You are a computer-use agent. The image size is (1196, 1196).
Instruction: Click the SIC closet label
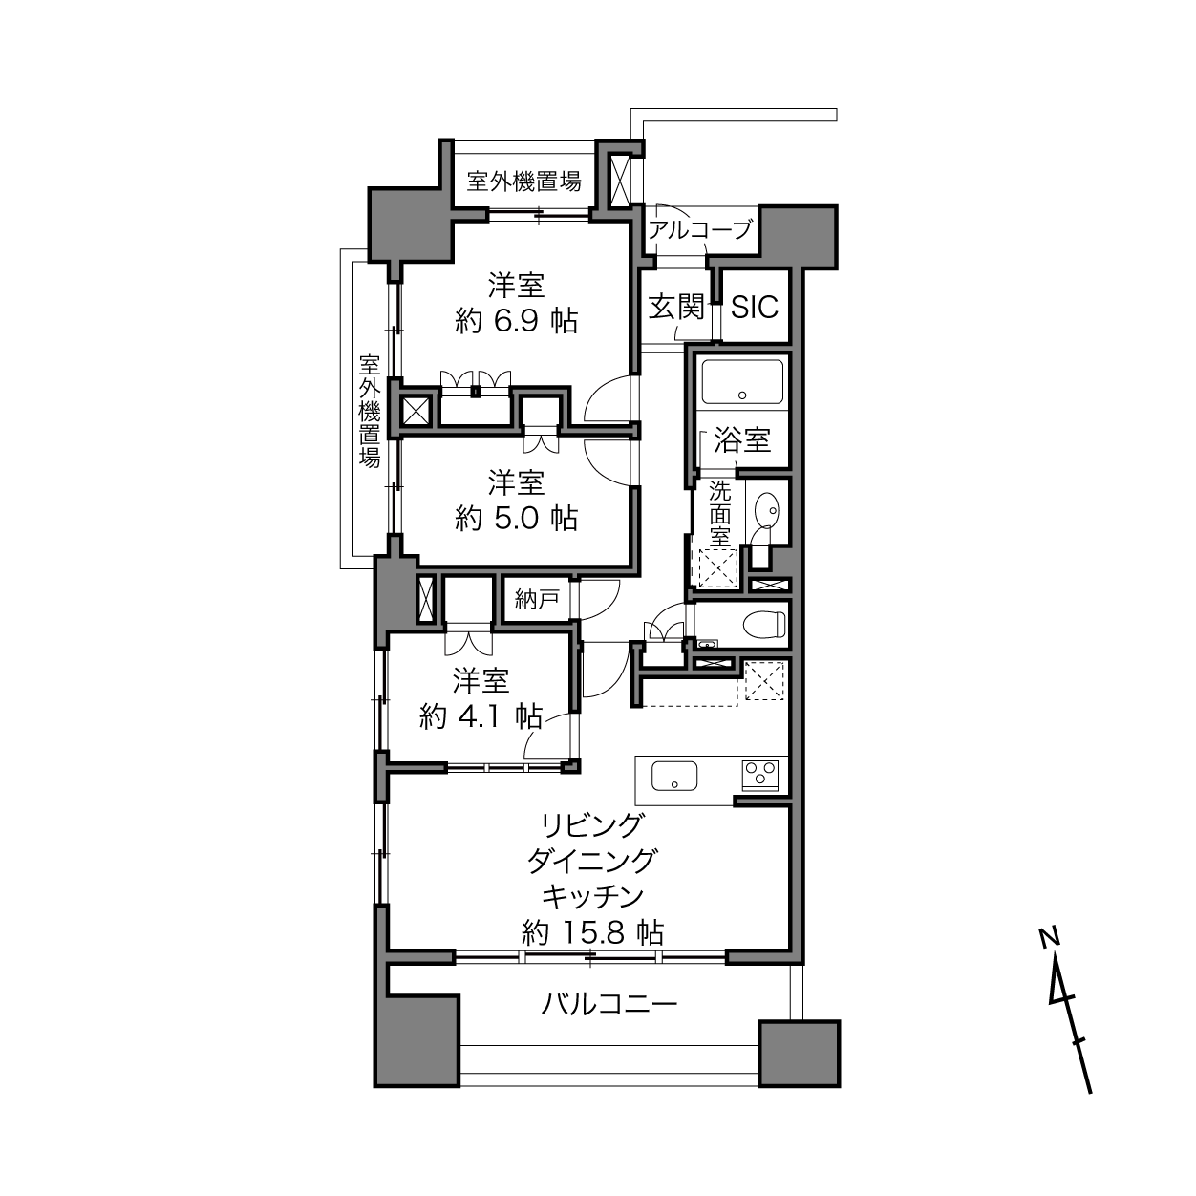pyautogui.click(x=754, y=306)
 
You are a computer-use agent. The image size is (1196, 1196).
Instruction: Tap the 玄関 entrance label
pyautogui.click(x=676, y=307)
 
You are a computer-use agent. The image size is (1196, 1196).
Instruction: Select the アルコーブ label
pyautogui.click(x=699, y=230)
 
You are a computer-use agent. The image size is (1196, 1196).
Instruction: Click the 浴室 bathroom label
pyautogui.click(x=742, y=439)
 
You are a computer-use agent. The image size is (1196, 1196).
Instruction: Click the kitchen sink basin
pyautogui.click(x=674, y=776)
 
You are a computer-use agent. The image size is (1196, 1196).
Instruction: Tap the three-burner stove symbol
pyautogui.click(x=759, y=775)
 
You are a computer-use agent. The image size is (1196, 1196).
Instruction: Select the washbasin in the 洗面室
pyautogui.click(x=766, y=511)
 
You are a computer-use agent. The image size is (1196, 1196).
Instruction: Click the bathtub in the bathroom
pyautogui.click(x=742, y=382)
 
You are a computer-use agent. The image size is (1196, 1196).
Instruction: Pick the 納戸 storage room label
pyautogui.click(x=536, y=599)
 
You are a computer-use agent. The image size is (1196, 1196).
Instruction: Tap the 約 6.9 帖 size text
pyautogui.click(x=517, y=322)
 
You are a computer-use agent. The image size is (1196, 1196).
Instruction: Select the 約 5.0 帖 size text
pyautogui.click(x=517, y=518)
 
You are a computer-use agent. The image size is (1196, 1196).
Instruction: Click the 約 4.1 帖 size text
pyautogui.click(x=481, y=717)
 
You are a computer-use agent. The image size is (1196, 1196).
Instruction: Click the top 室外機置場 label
pyautogui.click(x=524, y=182)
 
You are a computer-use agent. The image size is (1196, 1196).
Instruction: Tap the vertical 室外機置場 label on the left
pyautogui.click(x=370, y=411)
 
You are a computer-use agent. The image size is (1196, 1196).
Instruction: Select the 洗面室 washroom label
pyautogui.click(x=720, y=515)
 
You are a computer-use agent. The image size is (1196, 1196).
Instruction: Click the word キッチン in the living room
pyautogui.click(x=592, y=896)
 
